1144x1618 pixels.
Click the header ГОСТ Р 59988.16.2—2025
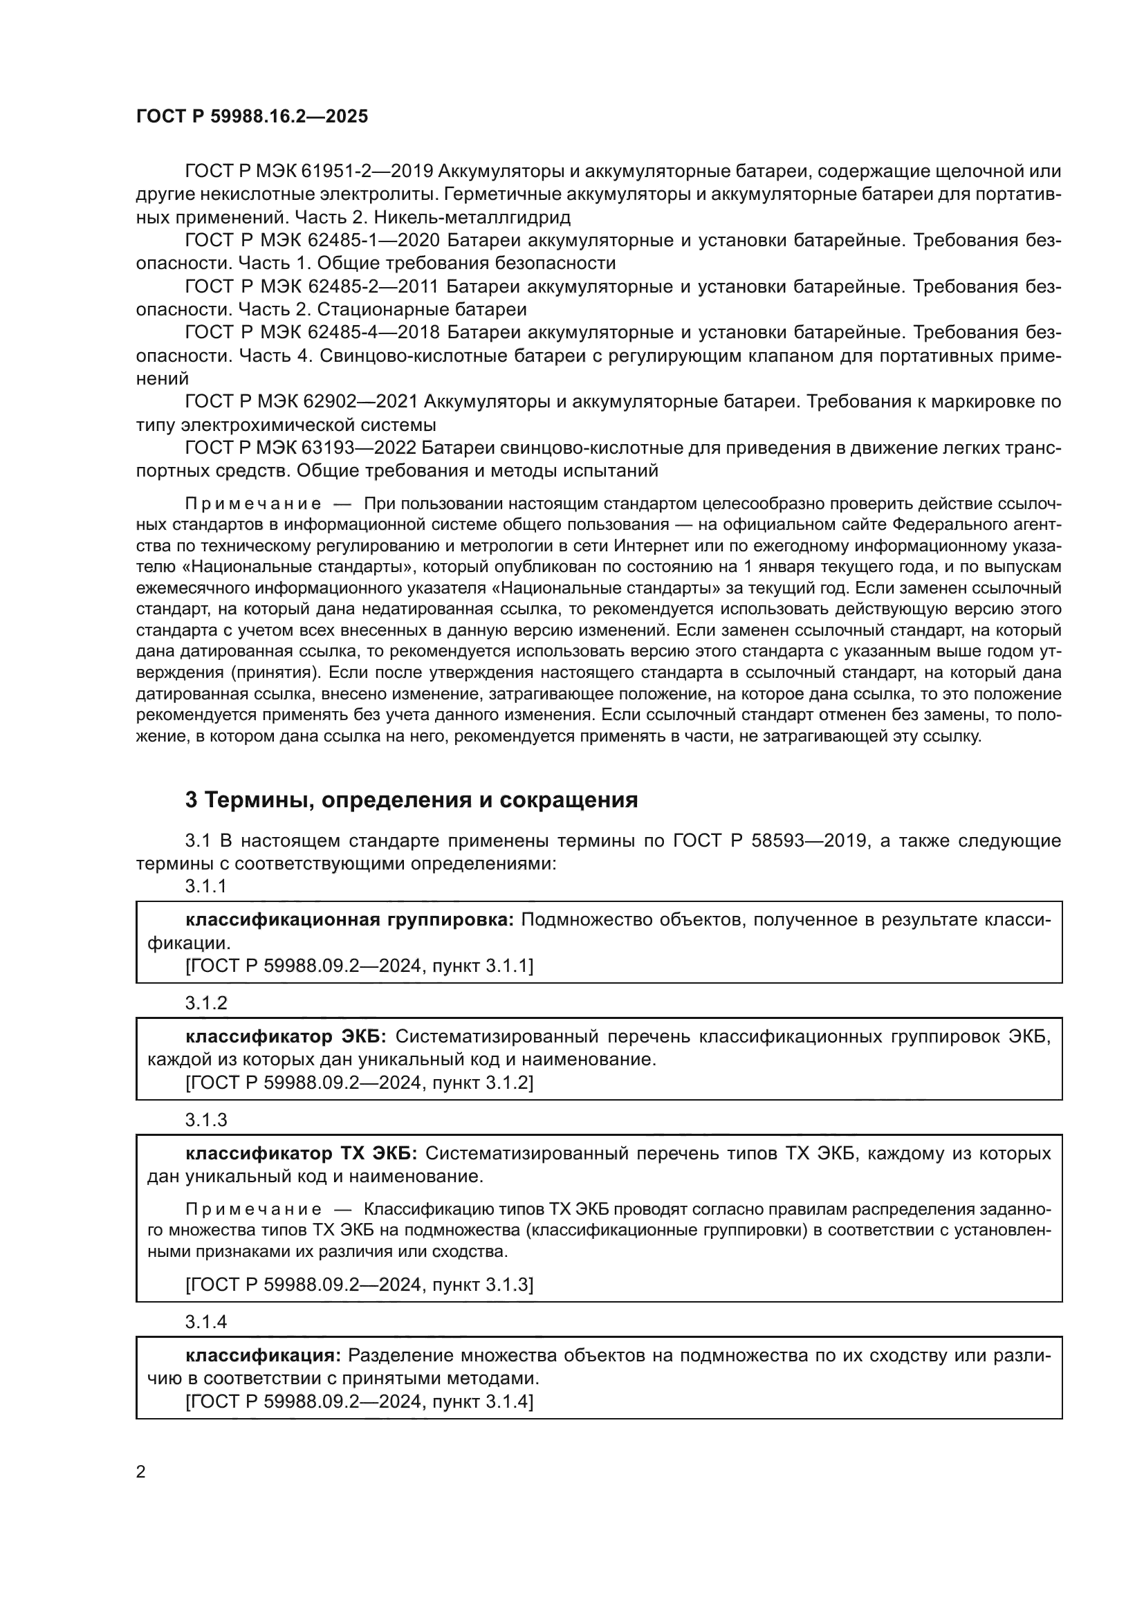click(x=252, y=116)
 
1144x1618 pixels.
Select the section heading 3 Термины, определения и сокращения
click(x=412, y=800)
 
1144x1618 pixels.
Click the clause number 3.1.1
click(x=205, y=887)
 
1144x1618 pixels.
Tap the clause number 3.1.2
click(x=205, y=1004)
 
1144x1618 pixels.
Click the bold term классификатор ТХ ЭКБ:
click(x=302, y=1154)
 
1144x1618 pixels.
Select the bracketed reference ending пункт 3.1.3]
click(x=359, y=1285)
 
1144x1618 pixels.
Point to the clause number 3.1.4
click(x=205, y=1322)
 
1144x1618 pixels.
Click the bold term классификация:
click(x=264, y=1355)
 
